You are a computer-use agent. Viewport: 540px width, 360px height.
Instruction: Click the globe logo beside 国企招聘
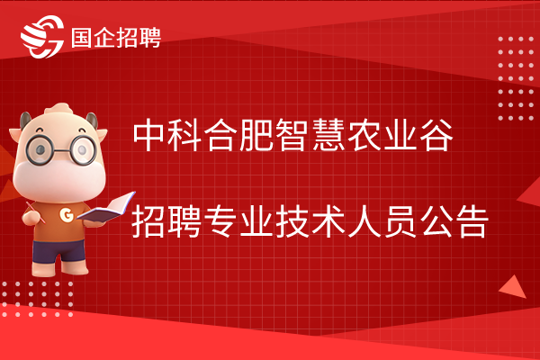42,37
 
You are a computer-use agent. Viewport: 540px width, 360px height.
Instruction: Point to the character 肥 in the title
256,135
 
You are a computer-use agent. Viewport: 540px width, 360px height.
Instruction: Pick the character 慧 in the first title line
329,135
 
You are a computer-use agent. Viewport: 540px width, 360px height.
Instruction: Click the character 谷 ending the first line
436,135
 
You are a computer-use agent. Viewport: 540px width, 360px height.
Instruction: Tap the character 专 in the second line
221,220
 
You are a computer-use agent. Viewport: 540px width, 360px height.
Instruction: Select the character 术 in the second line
328,220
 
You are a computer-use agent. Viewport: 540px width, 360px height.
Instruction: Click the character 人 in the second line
364,220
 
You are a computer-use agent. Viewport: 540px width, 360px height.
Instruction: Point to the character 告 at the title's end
472,220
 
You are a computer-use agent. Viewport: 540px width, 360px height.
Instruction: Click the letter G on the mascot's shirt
67,214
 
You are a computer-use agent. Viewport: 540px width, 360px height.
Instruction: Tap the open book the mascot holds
106,208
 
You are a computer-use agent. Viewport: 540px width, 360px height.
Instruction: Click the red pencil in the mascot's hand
35,212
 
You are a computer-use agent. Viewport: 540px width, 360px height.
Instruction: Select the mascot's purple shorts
58,251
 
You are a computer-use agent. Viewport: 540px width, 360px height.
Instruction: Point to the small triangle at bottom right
513,287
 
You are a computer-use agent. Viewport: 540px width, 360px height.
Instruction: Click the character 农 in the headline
364,135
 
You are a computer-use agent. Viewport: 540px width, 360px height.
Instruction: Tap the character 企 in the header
104,37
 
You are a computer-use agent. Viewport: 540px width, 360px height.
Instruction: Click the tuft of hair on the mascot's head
58,109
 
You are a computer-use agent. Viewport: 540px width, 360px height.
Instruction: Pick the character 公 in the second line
436,220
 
